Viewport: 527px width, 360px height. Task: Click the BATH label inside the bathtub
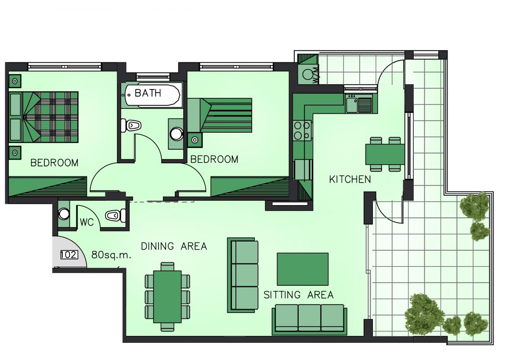click(148, 93)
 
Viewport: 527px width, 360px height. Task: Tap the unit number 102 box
click(69, 255)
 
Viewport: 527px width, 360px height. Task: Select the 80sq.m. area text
click(111, 255)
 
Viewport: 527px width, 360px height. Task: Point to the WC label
click(87, 222)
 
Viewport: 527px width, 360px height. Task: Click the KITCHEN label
click(350, 180)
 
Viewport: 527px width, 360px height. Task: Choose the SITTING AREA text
click(299, 295)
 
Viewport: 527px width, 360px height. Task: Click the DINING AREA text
click(174, 246)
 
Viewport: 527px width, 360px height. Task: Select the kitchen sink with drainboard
click(359, 104)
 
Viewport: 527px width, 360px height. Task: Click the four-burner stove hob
click(302, 131)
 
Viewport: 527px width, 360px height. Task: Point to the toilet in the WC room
click(116, 216)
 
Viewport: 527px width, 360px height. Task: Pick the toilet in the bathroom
click(131, 125)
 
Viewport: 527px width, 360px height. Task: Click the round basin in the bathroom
click(177, 134)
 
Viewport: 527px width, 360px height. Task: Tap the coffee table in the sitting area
click(303, 269)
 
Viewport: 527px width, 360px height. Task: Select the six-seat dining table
click(167, 297)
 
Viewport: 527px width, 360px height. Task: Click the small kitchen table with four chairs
click(385, 154)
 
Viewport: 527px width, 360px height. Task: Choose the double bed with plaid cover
click(43, 117)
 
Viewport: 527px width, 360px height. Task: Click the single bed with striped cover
click(220, 115)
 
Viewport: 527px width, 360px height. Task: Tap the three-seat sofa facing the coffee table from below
click(309, 320)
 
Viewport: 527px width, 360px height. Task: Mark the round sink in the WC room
click(64, 214)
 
